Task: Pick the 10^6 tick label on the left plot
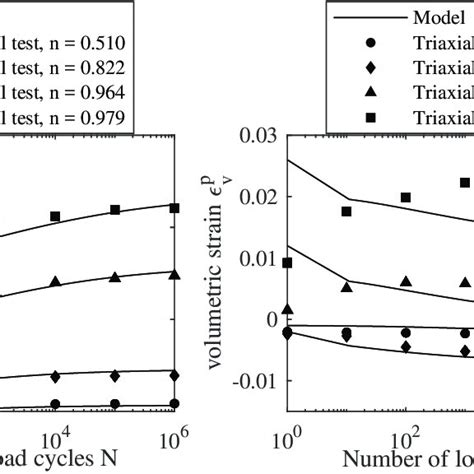[x=175, y=440]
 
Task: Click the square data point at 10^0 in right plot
[x=288, y=263]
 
